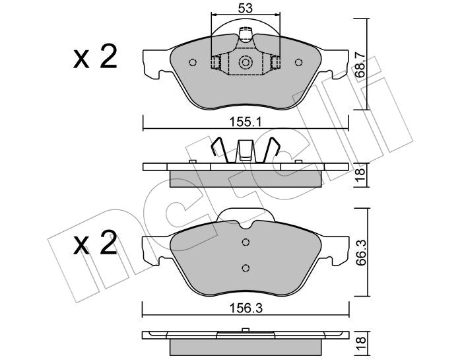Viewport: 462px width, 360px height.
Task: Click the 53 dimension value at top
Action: click(x=245, y=8)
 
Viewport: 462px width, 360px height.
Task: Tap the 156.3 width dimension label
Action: click(x=246, y=308)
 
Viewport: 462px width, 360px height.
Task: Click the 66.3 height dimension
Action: click(x=360, y=253)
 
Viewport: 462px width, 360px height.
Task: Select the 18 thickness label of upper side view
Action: click(x=360, y=176)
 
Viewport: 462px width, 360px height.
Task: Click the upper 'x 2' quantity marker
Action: click(x=95, y=56)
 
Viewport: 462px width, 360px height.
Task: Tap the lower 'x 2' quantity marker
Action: click(x=95, y=242)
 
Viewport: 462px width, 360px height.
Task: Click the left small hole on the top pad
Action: click(x=193, y=63)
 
